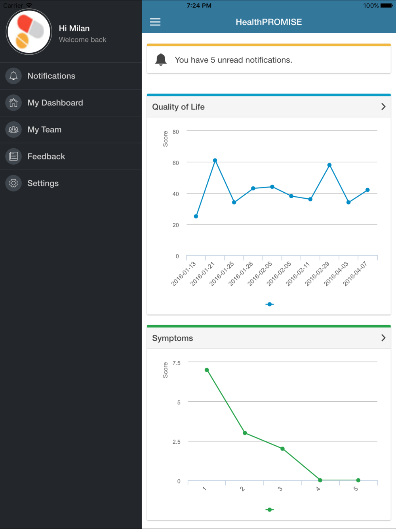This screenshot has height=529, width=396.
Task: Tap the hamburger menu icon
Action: tap(155, 22)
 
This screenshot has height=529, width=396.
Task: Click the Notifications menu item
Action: tap(51, 76)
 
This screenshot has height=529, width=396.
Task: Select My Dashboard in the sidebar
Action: tap(55, 103)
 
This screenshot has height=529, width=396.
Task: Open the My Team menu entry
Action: tap(44, 130)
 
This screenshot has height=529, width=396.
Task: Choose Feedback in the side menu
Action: tap(46, 157)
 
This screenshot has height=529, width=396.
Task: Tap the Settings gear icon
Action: tap(13, 183)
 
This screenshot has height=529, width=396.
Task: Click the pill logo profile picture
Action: tap(29, 32)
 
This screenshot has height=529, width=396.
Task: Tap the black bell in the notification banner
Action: tap(161, 59)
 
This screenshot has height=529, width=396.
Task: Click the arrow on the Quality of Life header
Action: tap(383, 107)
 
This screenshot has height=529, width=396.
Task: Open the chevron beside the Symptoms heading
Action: tap(383, 338)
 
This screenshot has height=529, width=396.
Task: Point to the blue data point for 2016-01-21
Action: tap(215, 161)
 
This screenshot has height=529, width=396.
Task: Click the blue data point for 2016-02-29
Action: tap(329, 165)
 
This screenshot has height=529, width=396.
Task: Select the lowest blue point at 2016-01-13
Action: tap(196, 217)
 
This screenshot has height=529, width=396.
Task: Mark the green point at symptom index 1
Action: tap(207, 370)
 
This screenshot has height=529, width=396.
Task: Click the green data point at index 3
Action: tap(282, 449)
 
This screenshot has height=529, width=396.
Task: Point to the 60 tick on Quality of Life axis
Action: tap(175, 163)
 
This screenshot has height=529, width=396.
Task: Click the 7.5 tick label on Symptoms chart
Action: tap(176, 363)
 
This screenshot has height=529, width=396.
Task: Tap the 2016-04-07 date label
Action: tap(355, 274)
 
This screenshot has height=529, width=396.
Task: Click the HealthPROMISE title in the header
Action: tap(268, 22)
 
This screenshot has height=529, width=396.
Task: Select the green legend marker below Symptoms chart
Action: tap(270, 510)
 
